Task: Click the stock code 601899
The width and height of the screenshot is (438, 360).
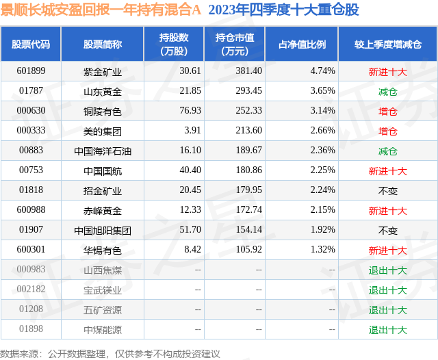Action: (x=31, y=70)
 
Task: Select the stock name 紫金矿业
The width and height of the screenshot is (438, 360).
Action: (x=103, y=70)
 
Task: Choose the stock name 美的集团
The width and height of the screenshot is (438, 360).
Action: (x=103, y=130)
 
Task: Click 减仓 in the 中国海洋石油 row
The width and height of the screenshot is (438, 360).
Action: (x=387, y=151)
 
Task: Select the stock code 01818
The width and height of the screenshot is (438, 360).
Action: (x=31, y=190)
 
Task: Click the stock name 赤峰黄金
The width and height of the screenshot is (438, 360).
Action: (x=103, y=210)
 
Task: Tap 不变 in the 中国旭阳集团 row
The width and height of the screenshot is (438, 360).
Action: (x=387, y=230)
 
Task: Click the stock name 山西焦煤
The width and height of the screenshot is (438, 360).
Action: (x=103, y=270)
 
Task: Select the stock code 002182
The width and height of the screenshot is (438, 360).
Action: (x=31, y=290)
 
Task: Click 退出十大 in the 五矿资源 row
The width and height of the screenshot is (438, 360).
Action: (x=387, y=309)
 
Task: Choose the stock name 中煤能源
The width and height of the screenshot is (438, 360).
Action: (x=103, y=329)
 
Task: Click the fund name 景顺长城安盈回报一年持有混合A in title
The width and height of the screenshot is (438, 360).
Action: (x=101, y=10)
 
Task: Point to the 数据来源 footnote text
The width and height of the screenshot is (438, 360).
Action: (x=110, y=353)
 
